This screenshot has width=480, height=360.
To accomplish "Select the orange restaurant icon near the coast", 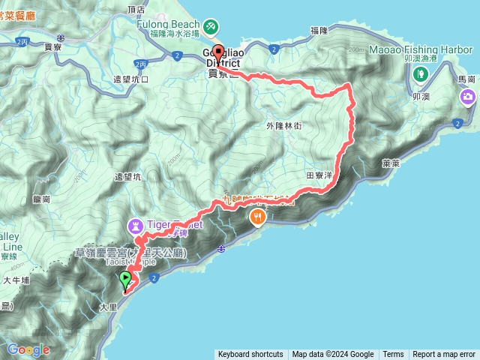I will (x=258, y=217).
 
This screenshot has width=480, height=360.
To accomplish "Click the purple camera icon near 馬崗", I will (x=469, y=95).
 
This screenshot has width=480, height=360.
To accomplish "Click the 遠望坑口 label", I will (x=130, y=79).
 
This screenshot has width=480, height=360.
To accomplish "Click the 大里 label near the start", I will (x=108, y=307).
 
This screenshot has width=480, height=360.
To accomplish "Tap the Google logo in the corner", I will (x=28, y=349).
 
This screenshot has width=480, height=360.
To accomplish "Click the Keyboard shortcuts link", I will (x=250, y=354).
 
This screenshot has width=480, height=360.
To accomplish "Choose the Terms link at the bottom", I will (x=393, y=354).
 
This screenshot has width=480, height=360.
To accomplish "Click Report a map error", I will (x=444, y=354).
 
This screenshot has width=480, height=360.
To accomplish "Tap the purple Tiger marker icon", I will (x=136, y=223).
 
